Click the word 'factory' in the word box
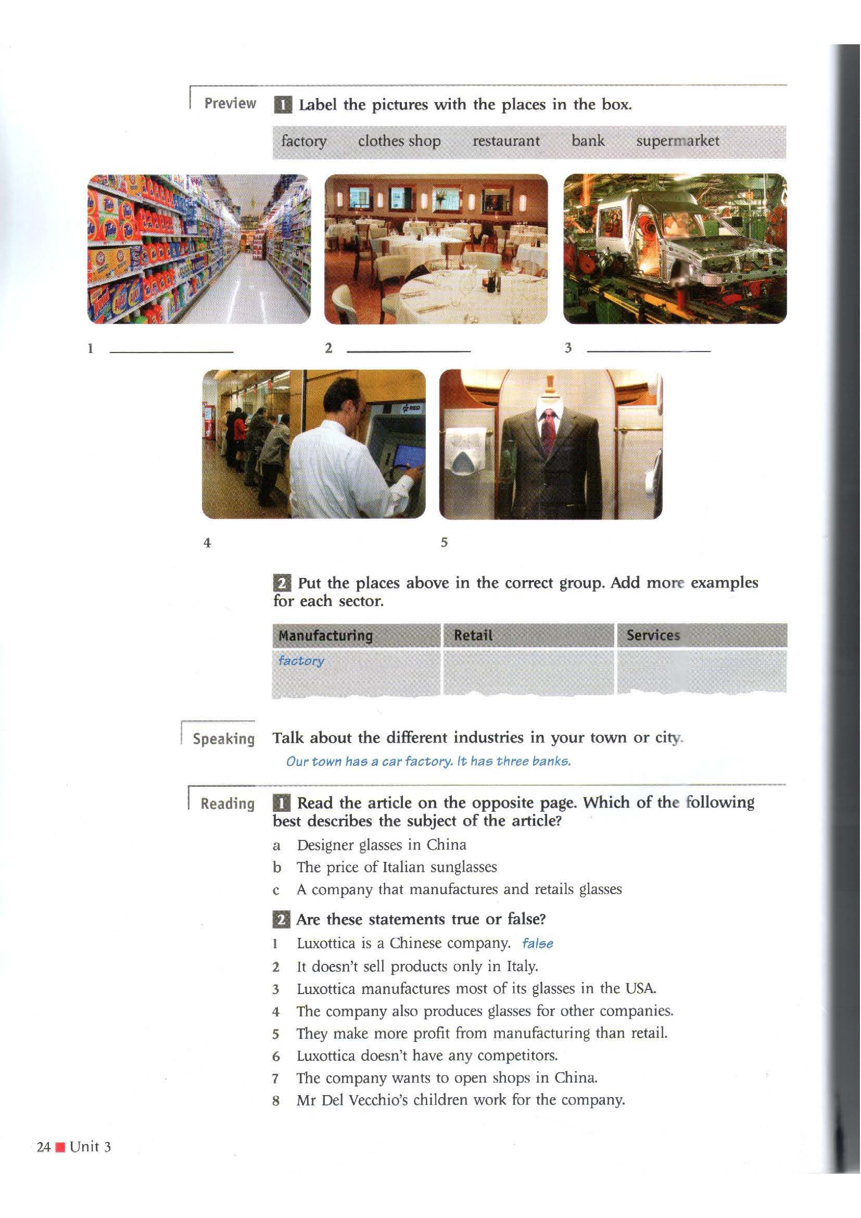pos(304,142)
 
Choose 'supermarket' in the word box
pos(678,141)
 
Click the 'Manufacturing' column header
pos(325,635)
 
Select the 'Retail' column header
pos(473,635)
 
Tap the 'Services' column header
pos(653,635)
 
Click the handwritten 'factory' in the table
pos(301,661)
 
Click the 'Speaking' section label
pos(224,739)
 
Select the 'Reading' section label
pos(227,803)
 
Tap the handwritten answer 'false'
pos(538,944)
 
